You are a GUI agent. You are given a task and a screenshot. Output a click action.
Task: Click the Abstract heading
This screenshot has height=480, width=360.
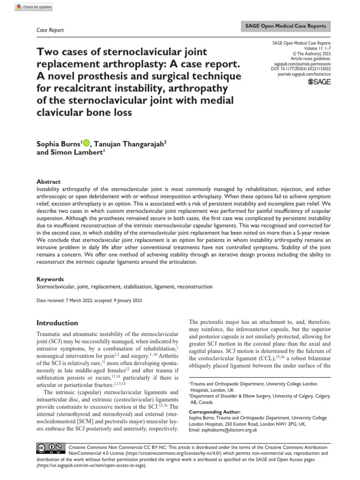tap(48, 182)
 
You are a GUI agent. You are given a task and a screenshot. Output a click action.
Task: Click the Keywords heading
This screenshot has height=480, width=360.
tap(50, 279)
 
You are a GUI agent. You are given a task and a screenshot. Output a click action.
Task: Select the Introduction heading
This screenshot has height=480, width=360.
tap(57, 323)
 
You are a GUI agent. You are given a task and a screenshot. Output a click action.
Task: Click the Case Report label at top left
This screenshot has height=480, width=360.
tap(50, 30)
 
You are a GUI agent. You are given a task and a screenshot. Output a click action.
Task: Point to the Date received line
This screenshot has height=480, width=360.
tap(89, 300)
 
